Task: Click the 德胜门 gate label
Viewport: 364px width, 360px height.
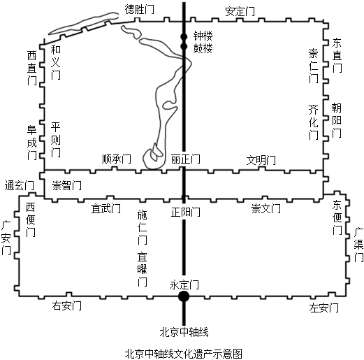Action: tap(139, 9)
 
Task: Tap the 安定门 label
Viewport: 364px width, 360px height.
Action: tap(240, 12)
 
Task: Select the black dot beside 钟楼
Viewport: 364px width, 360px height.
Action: tap(184, 36)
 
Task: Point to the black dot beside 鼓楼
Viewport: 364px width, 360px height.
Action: tap(184, 47)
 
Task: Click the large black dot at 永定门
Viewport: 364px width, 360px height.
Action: tap(184, 296)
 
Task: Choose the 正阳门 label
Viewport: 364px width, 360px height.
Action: tap(185, 213)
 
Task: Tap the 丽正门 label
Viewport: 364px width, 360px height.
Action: tap(185, 159)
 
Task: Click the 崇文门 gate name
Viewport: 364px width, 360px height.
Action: tap(265, 208)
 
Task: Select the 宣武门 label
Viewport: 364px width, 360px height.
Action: tap(105, 208)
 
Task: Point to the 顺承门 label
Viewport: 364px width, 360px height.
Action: tap(116, 159)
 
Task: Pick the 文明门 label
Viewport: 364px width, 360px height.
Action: tap(261, 160)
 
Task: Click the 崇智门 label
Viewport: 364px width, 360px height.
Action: tap(66, 186)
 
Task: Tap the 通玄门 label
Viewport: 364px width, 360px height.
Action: tap(20, 186)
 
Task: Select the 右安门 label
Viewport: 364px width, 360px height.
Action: tap(66, 305)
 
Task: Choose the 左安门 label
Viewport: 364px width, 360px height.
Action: tap(323, 308)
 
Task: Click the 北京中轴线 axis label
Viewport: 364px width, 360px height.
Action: tap(184, 332)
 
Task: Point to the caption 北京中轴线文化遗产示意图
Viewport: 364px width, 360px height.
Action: tap(184, 354)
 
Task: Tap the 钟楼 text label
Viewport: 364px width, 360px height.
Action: tap(203, 36)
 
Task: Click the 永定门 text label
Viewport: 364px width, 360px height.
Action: tap(184, 285)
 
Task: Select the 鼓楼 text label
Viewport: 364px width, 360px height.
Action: tap(203, 48)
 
